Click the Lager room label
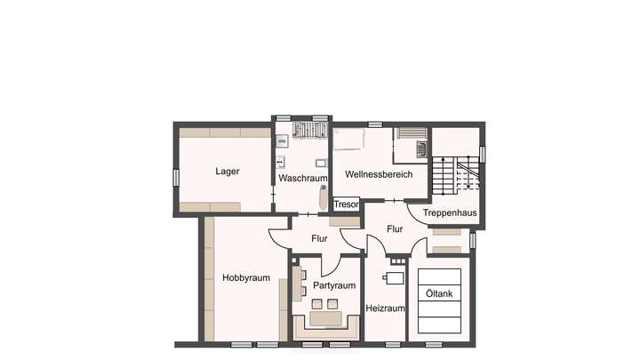pyautogui.click(x=228, y=172)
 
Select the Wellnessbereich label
pyautogui.click(x=379, y=174)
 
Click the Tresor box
pyautogui.click(x=346, y=204)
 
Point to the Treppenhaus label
pyautogui.click(x=450, y=213)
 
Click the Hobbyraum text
pyautogui.click(x=245, y=278)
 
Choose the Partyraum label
pyautogui.click(x=334, y=285)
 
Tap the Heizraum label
pyautogui.click(x=385, y=308)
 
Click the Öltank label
pyautogui.click(x=439, y=294)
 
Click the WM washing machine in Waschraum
pyautogui.click(x=282, y=141)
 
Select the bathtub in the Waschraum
pyautogui.click(x=324, y=196)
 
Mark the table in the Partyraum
pyautogui.click(x=324, y=317)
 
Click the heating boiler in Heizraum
pyautogui.click(x=394, y=278)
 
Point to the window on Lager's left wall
pyautogui.click(x=176, y=177)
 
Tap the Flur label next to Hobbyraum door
pyautogui.click(x=319, y=238)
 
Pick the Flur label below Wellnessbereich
pyautogui.click(x=395, y=228)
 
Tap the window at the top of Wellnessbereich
pyautogui.click(x=375, y=124)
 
